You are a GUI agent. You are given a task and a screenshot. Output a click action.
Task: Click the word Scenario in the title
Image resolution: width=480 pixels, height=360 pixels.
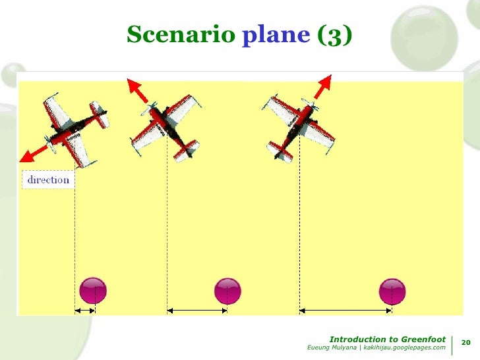(x=179, y=34)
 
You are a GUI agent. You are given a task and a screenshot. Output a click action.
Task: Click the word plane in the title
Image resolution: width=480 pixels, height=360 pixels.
(x=276, y=34)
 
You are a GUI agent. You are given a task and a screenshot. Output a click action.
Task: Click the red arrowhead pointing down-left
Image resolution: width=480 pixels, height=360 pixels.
(x=27, y=156)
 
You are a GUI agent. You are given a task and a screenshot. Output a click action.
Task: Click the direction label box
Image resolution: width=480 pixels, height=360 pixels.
(x=48, y=179)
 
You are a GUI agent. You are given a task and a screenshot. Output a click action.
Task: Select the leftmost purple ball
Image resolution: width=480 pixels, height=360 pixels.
(x=93, y=291)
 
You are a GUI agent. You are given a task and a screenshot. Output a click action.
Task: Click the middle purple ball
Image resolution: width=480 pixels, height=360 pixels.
(x=228, y=291)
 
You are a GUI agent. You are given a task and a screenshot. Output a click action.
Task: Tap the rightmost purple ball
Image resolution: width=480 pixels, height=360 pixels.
(x=392, y=291)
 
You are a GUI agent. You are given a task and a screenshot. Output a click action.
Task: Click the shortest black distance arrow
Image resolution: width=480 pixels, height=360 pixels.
(x=85, y=310)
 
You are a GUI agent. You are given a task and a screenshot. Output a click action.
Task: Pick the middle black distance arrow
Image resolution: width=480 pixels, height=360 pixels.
(x=197, y=310)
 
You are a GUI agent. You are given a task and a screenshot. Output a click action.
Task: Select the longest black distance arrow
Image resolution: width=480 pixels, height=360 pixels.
(x=346, y=310)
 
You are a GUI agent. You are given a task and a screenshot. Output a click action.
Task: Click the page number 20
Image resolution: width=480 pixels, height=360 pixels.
(x=465, y=343)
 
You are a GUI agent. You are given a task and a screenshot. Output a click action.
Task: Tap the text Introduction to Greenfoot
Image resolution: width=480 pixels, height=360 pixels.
(x=387, y=339)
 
